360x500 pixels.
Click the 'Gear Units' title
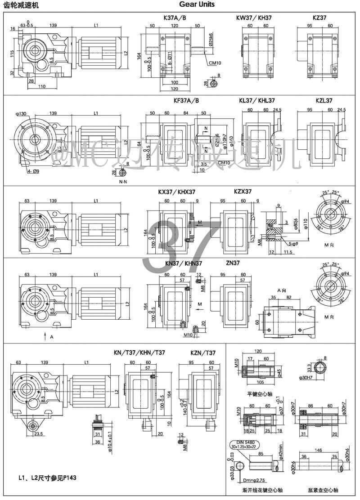197,4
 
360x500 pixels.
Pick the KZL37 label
324,101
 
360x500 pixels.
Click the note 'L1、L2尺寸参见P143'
43,478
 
